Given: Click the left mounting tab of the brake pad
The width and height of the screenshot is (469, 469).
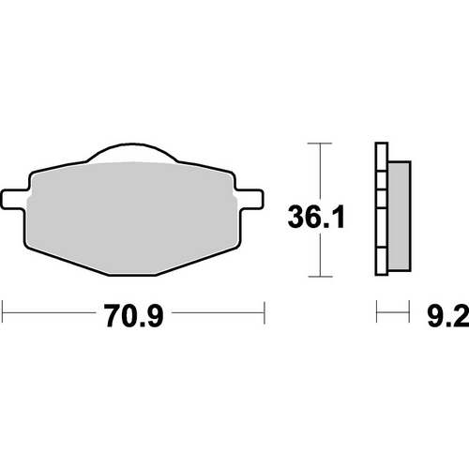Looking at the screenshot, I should click(x=15, y=198).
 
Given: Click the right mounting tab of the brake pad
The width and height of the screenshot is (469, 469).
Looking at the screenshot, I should click(x=252, y=198).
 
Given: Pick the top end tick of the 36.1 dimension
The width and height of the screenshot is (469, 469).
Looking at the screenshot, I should click(x=321, y=144).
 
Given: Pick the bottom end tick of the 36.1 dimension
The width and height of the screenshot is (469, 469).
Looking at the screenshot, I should click(x=321, y=277).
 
